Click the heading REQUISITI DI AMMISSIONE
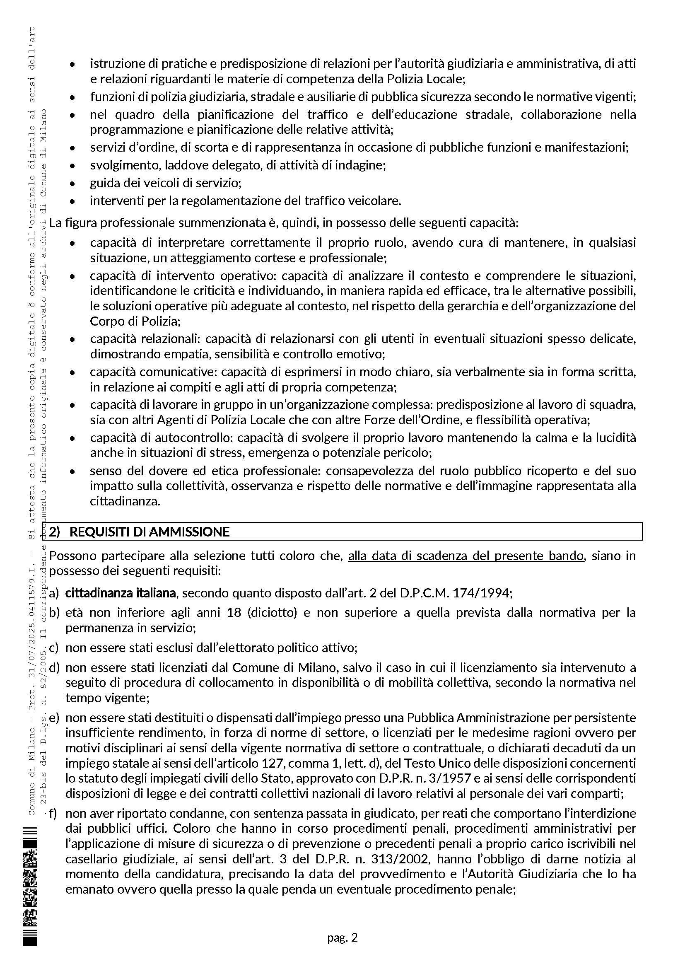[150, 532]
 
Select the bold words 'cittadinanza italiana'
[121, 593]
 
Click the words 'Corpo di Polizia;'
[135, 321]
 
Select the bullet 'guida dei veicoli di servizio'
[165, 183]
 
